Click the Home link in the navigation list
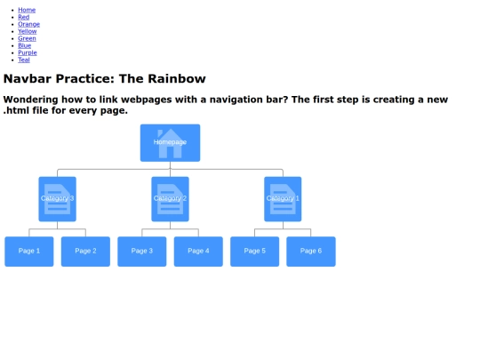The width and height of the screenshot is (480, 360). pos(27,10)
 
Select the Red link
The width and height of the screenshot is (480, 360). pos(24,17)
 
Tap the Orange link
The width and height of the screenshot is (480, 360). pos(28,24)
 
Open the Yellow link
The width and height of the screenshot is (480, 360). pos(28,31)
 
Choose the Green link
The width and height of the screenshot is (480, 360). pos(27,38)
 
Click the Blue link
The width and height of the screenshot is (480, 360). pos(25,45)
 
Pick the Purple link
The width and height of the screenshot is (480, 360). pos(28,52)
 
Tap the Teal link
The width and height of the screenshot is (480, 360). pos(24,60)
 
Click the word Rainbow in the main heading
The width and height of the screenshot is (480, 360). pos(177,79)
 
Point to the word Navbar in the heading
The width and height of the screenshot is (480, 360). pos(28,79)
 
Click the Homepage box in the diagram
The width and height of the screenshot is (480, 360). pos(170,142)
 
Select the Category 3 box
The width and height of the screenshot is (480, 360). pos(57,199)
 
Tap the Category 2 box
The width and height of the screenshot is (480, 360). pos(170,199)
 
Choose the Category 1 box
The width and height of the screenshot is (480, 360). pos(283,199)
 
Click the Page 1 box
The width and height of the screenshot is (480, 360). pos(29,252)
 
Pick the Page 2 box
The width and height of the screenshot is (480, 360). pos(85,252)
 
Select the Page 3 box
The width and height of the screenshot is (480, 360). pos(142,252)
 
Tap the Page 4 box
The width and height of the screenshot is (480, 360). pos(198,252)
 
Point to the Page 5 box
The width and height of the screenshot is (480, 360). pos(255,252)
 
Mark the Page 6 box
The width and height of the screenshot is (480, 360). pos(311,252)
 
